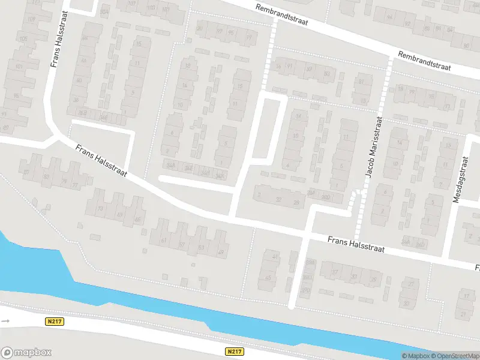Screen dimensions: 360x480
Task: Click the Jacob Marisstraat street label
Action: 374,147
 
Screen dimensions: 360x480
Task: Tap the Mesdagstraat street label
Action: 463,180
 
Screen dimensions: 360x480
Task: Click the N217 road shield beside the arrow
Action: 54,322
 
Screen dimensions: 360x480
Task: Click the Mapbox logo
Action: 26,353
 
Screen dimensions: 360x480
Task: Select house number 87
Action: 26,172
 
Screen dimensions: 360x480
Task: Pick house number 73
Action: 100,208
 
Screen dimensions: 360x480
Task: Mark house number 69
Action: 119,214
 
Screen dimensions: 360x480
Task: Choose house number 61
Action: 163,241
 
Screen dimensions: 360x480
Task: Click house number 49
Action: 220,252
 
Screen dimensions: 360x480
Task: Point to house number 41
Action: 276,256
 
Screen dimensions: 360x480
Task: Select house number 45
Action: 268,278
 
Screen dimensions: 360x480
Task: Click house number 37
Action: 335,272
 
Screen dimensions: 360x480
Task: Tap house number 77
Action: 75,185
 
